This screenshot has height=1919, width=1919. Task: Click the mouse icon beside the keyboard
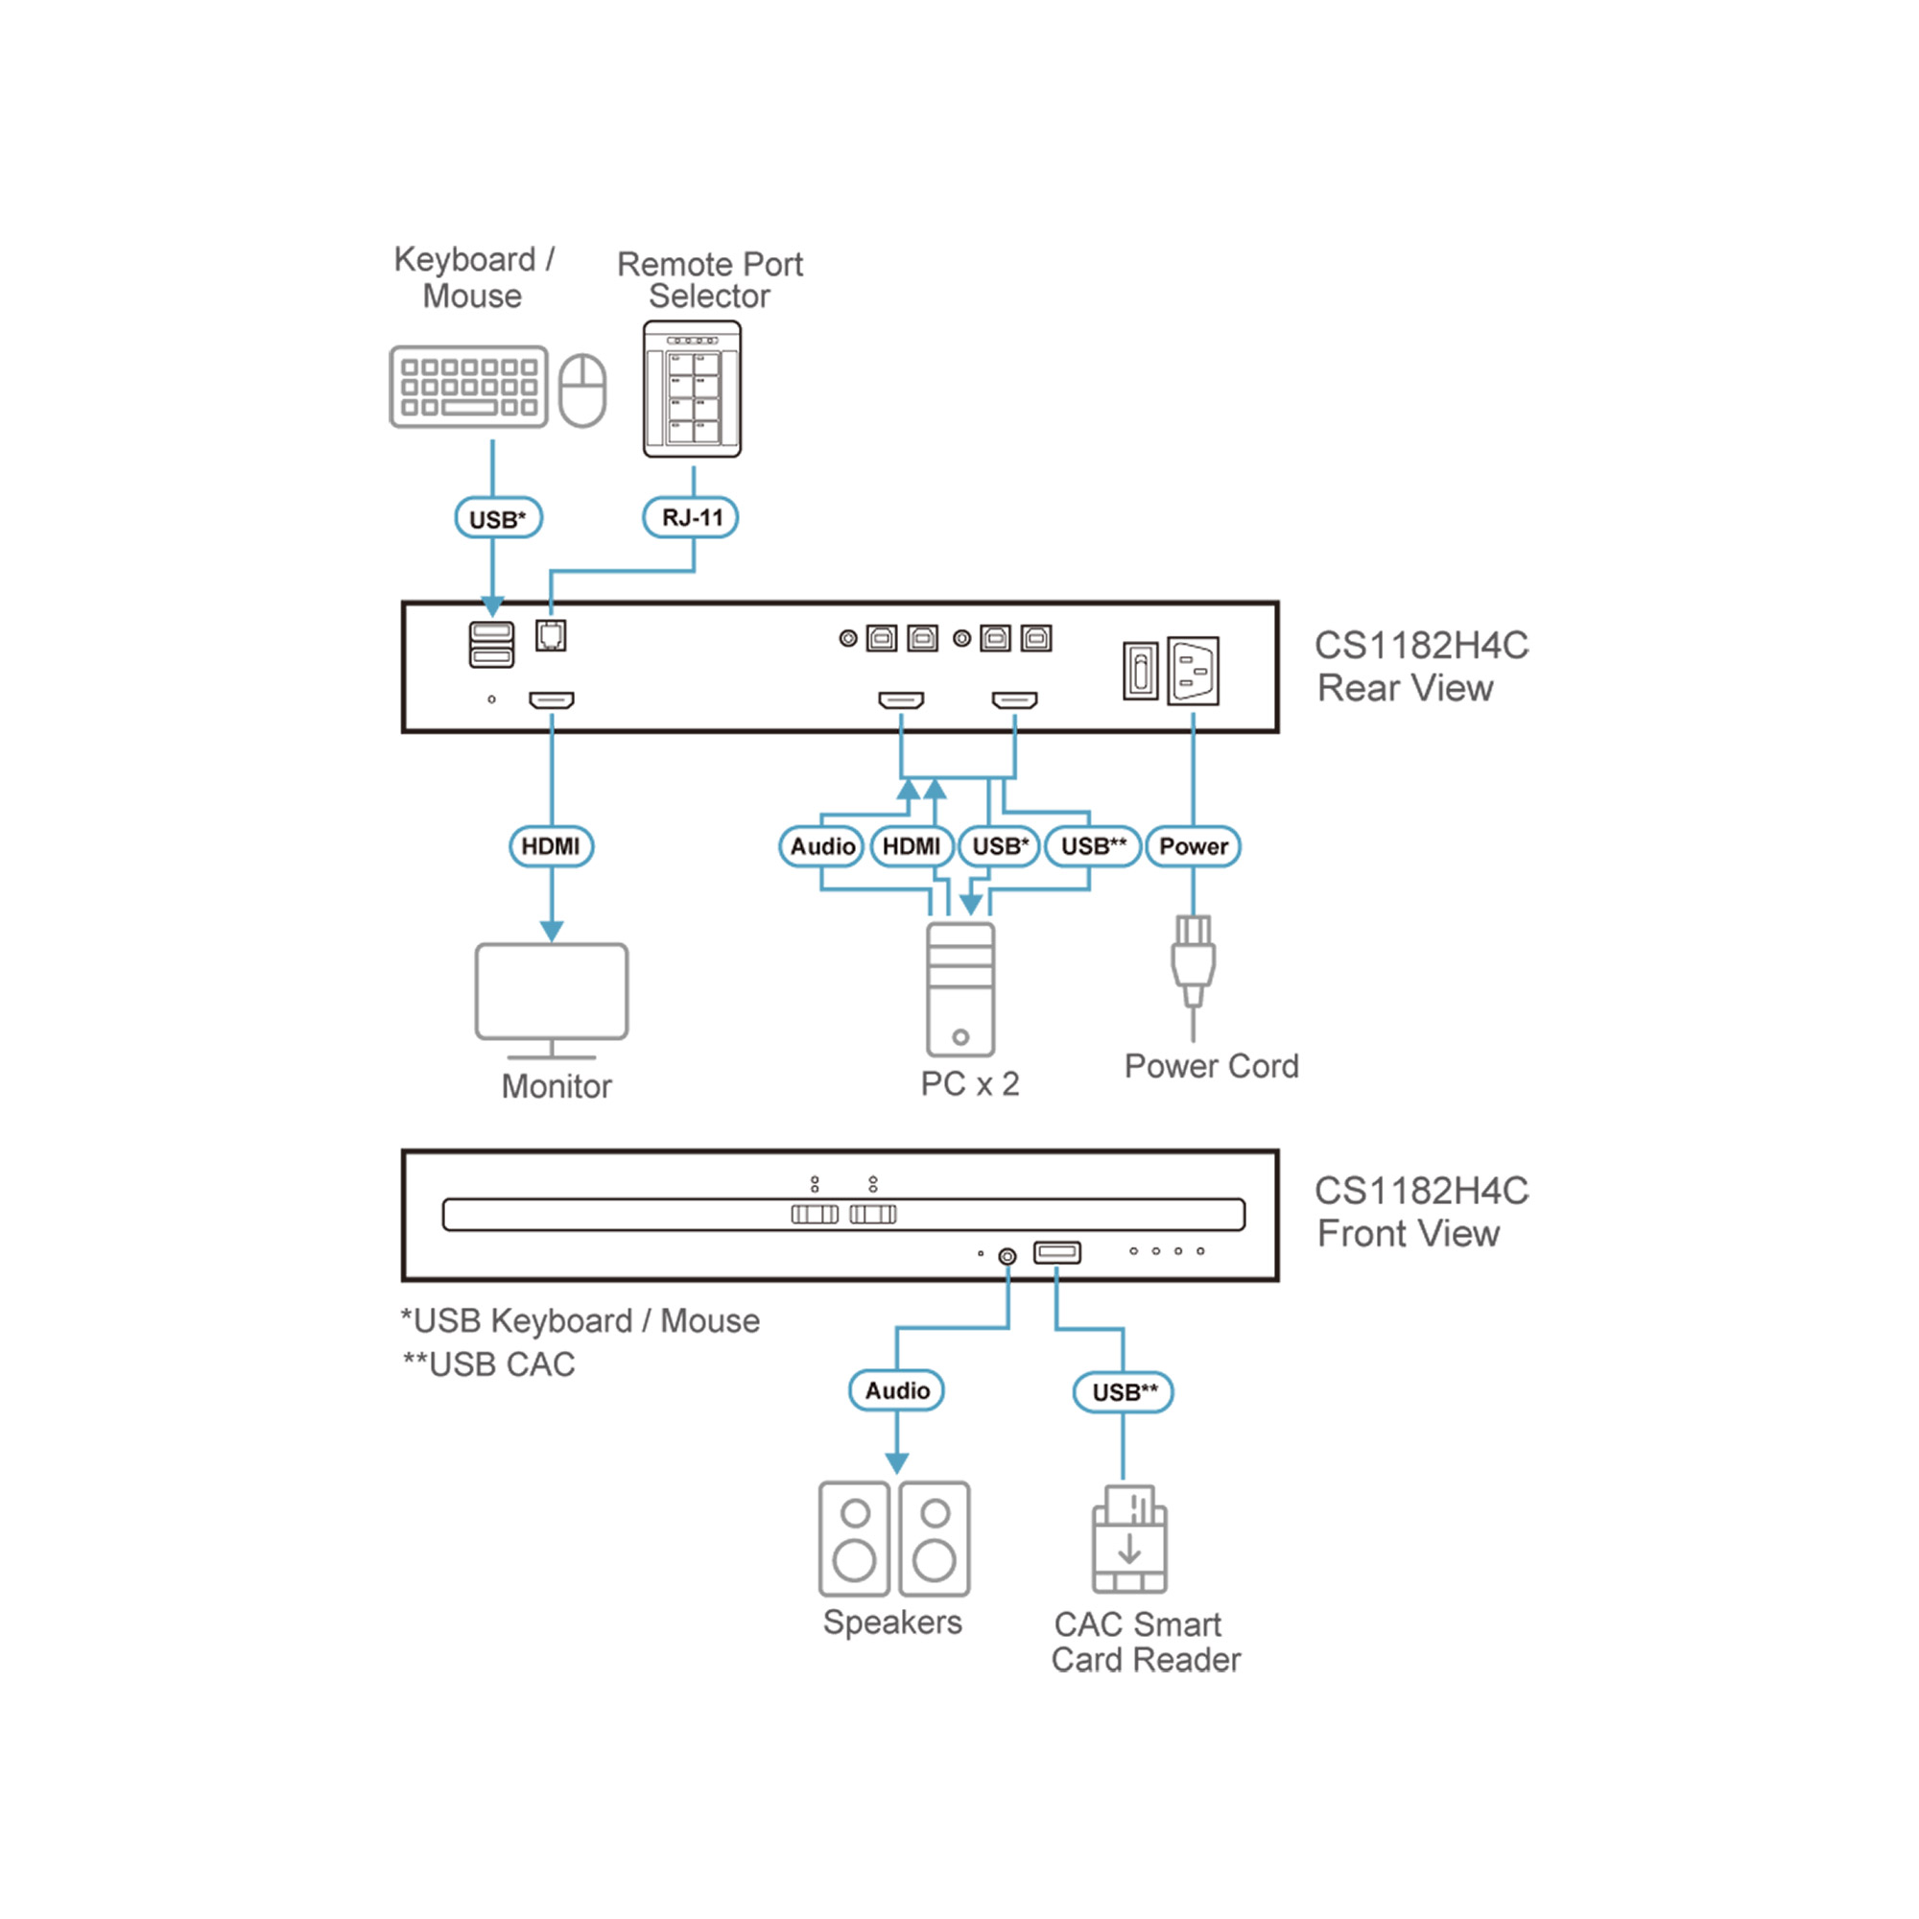pyautogui.click(x=582, y=391)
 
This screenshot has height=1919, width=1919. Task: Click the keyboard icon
pyautogui.click(x=469, y=387)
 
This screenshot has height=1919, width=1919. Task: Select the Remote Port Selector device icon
pyautogui.click(x=693, y=390)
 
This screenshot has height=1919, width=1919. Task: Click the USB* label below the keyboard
pyautogui.click(x=498, y=518)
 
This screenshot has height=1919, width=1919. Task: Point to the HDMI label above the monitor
pyautogui.click(x=552, y=846)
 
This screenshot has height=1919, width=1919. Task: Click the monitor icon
pyautogui.click(x=553, y=997)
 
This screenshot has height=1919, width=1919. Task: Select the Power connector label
pyautogui.click(x=1193, y=846)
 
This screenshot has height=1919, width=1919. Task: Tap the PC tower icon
pyautogui.click(x=959, y=989)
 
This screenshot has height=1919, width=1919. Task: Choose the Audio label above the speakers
pyautogui.click(x=896, y=1390)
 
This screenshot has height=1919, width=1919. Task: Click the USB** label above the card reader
pyautogui.click(x=1124, y=1391)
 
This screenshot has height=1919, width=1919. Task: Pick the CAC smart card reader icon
pyautogui.click(x=1129, y=1539)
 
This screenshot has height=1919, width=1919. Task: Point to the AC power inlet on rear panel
pyautogui.click(x=1193, y=671)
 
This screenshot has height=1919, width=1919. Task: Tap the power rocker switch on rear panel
pyautogui.click(x=1140, y=671)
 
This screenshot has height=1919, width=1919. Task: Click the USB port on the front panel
pyautogui.click(x=1056, y=1252)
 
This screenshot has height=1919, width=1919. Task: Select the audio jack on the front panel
pyautogui.click(x=1007, y=1257)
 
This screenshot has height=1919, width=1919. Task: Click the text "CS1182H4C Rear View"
pyautogui.click(x=1419, y=667)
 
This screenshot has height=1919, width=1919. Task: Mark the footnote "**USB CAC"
pyautogui.click(x=488, y=1364)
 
